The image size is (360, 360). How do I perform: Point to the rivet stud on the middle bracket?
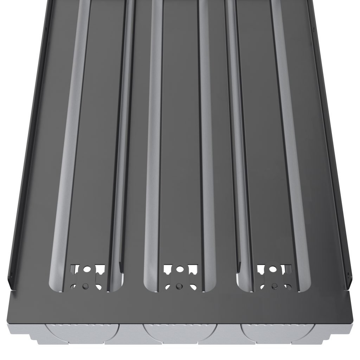coord(179,285)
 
